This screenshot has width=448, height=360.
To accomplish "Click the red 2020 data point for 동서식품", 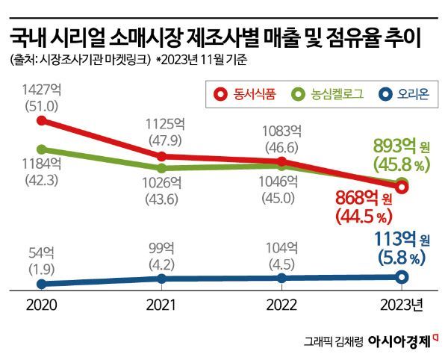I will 42,120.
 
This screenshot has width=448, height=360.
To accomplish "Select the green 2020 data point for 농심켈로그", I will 42,149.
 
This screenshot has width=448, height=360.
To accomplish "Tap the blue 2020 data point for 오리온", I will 42,284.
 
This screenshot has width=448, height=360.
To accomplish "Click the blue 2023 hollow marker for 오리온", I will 401,277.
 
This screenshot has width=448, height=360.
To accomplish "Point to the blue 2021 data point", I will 162,279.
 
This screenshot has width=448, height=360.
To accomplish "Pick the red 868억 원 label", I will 364,199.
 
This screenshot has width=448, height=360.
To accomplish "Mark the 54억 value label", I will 41,251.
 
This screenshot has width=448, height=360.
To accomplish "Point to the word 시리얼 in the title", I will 80,37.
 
